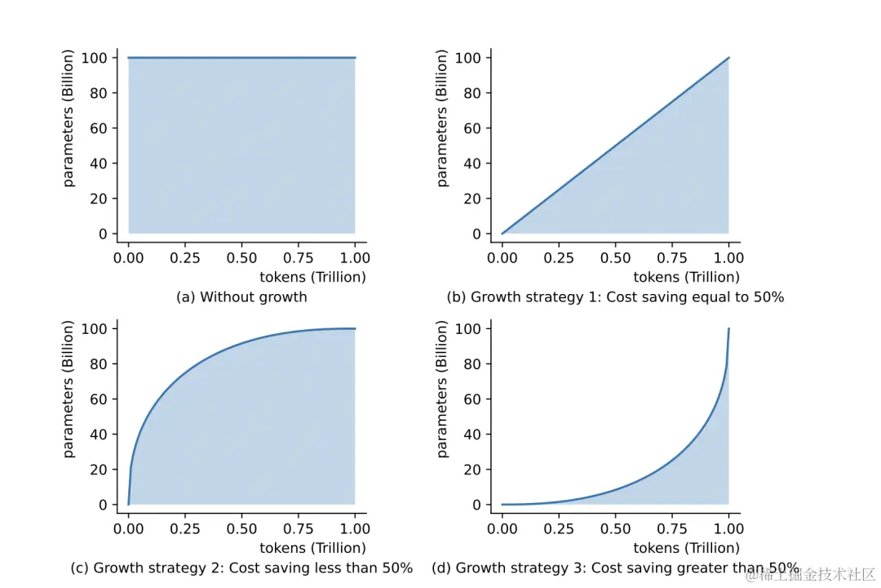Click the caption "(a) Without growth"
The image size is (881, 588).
(241, 297)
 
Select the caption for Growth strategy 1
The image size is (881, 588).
(615, 297)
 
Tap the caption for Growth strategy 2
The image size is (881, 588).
(241, 568)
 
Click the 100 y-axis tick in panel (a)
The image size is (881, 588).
(95, 58)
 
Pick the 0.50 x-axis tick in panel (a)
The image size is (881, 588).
(241, 257)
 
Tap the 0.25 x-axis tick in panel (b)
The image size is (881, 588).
(559, 257)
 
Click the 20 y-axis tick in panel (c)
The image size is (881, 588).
(99, 470)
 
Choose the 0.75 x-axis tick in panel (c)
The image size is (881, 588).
(299, 528)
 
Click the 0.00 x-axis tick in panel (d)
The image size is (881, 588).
(502, 528)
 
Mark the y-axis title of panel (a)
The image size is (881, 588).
(69, 118)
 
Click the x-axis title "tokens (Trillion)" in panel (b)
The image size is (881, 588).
(686, 277)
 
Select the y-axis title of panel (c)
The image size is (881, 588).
(69, 389)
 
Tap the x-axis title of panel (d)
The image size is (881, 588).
(686, 548)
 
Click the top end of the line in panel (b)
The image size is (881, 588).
(728, 58)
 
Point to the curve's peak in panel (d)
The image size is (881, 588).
(728, 328)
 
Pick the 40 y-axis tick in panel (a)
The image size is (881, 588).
(99, 163)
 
